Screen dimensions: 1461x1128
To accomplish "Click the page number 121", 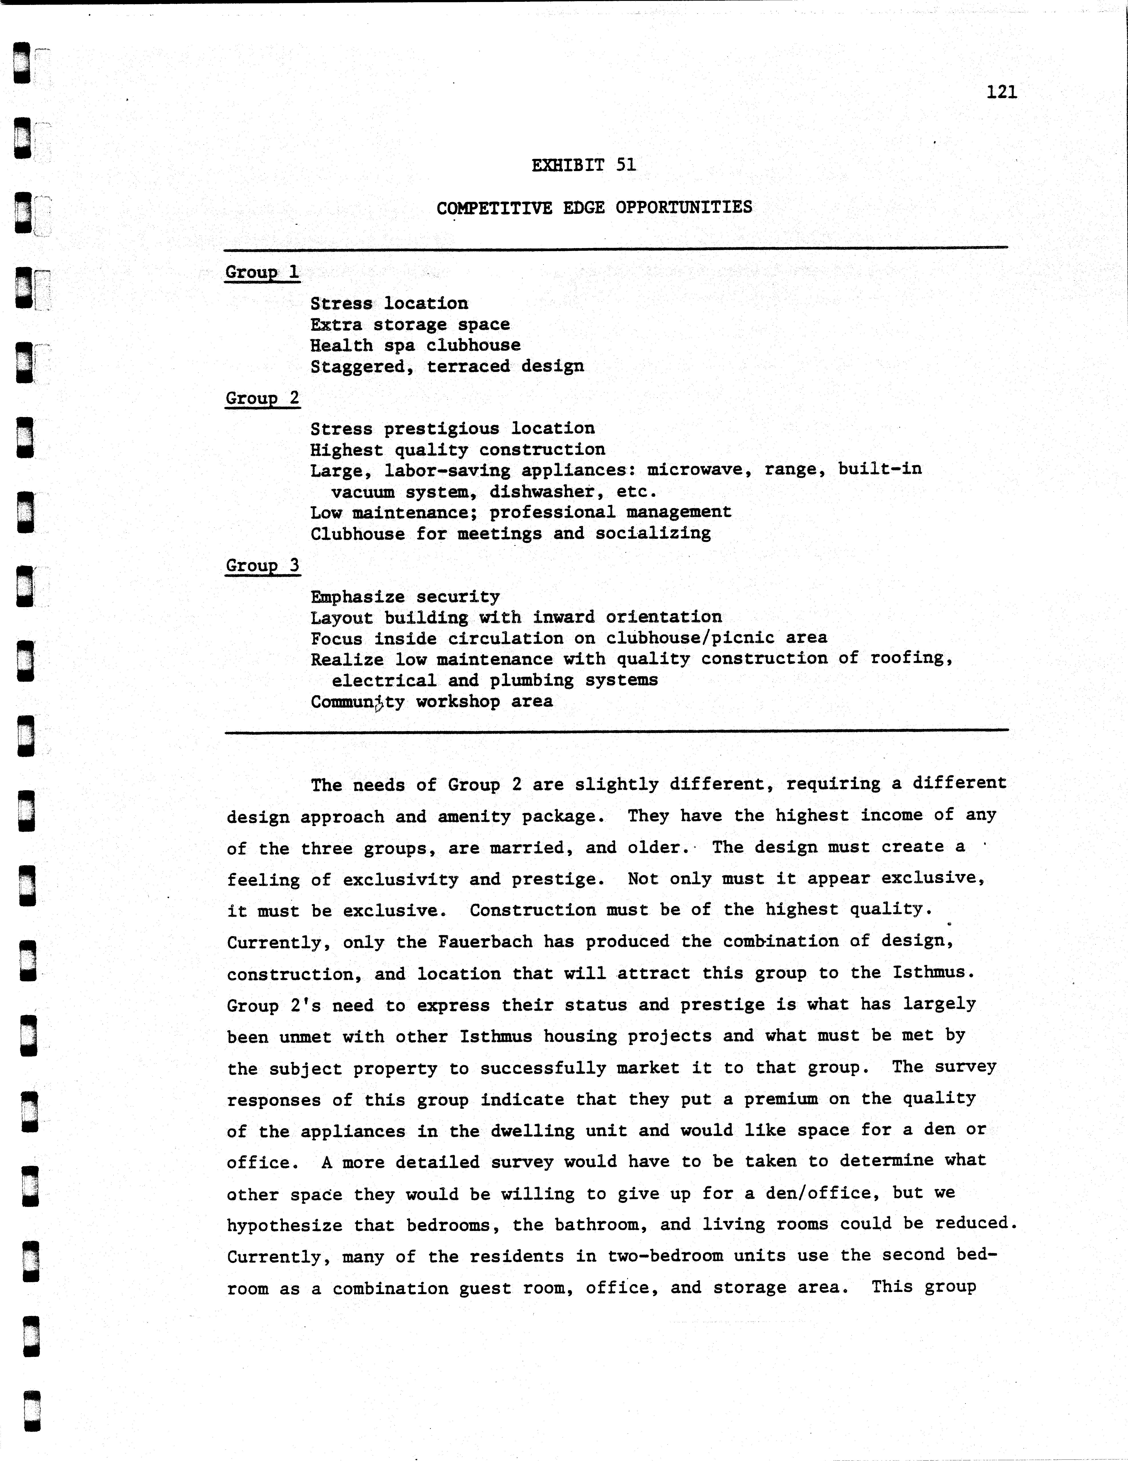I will [1001, 92].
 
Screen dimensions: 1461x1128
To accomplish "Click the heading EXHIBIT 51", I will [584, 165].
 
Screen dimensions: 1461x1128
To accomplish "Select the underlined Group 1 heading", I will [262, 272].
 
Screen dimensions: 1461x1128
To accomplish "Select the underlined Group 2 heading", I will [262, 398].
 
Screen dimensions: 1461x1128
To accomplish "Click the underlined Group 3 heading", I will [262, 565].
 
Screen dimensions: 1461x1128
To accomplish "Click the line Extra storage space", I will [409, 324].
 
